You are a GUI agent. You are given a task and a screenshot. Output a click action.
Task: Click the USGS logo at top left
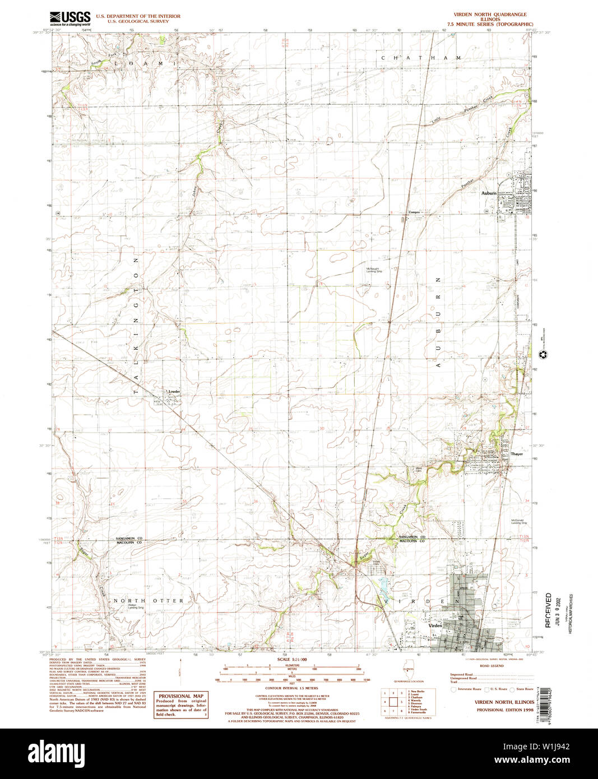(69, 18)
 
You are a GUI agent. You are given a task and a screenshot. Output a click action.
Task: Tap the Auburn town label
(489, 193)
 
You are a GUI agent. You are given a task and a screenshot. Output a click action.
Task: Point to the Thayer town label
(517, 454)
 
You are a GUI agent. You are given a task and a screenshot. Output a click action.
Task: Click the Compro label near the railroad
(414, 212)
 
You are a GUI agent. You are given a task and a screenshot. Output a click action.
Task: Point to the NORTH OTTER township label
(149, 600)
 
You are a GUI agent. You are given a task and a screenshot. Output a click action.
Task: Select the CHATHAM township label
(421, 58)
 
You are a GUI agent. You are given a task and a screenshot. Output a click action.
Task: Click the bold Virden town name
(435, 625)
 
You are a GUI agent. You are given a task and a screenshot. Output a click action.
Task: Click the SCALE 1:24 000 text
(292, 660)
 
